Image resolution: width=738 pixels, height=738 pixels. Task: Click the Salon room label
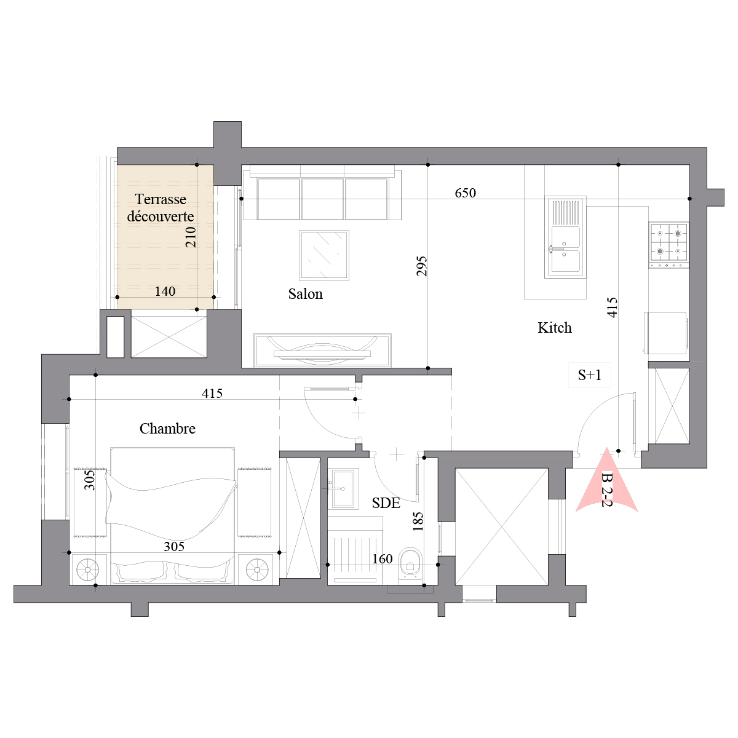point(305,294)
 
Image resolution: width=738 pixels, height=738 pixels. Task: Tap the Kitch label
point(554,328)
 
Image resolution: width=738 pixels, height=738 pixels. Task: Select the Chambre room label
point(167,429)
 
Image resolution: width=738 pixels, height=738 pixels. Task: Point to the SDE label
point(386,503)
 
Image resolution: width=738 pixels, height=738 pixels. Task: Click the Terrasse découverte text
point(161,208)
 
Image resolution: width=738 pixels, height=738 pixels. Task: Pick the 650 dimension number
point(466,192)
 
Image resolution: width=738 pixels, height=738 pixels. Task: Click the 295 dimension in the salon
point(422,266)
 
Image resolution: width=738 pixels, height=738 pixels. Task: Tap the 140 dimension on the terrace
point(165,292)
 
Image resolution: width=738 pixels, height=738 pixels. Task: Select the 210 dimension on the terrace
point(191,237)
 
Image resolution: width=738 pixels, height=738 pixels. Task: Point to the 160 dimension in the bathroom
point(382,559)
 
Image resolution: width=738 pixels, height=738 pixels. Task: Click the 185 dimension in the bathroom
point(418,522)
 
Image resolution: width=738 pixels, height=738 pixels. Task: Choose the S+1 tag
point(589,375)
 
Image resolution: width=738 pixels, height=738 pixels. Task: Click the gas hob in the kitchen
point(669,245)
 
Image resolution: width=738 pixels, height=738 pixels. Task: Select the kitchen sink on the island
point(565,237)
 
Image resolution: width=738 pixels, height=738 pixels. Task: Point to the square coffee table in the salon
point(324,255)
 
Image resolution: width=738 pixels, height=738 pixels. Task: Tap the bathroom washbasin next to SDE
point(344,488)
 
